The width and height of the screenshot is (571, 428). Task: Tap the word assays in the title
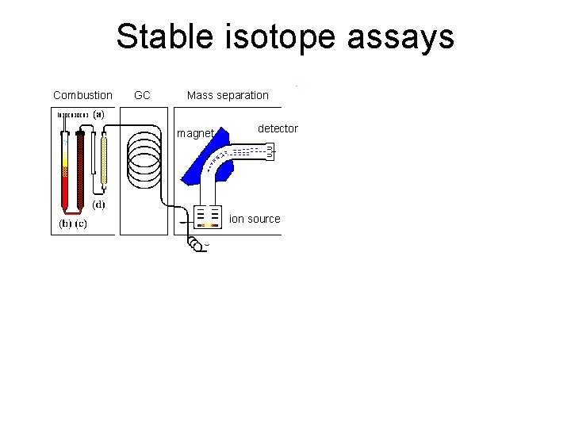pyautogui.click(x=402, y=37)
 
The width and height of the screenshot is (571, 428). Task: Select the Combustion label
pyautogui.click(x=82, y=96)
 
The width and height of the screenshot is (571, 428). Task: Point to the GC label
pyautogui.click(x=143, y=96)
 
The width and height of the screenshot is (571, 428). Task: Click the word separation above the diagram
pyautogui.click(x=243, y=96)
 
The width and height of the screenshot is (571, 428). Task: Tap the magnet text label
pyautogui.click(x=195, y=134)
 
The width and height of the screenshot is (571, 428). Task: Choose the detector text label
pyautogui.click(x=278, y=128)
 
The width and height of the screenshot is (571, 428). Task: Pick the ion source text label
pyautogui.click(x=255, y=219)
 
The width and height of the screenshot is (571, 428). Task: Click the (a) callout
pyautogui.click(x=98, y=114)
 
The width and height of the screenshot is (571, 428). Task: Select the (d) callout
pyautogui.click(x=99, y=204)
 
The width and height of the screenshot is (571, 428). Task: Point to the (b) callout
pyautogui.click(x=66, y=224)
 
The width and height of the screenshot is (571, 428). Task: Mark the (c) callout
pyautogui.click(x=82, y=224)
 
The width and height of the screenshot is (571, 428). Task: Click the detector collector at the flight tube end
pyautogui.click(x=270, y=151)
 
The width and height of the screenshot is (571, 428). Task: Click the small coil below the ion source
pyautogui.click(x=195, y=244)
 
